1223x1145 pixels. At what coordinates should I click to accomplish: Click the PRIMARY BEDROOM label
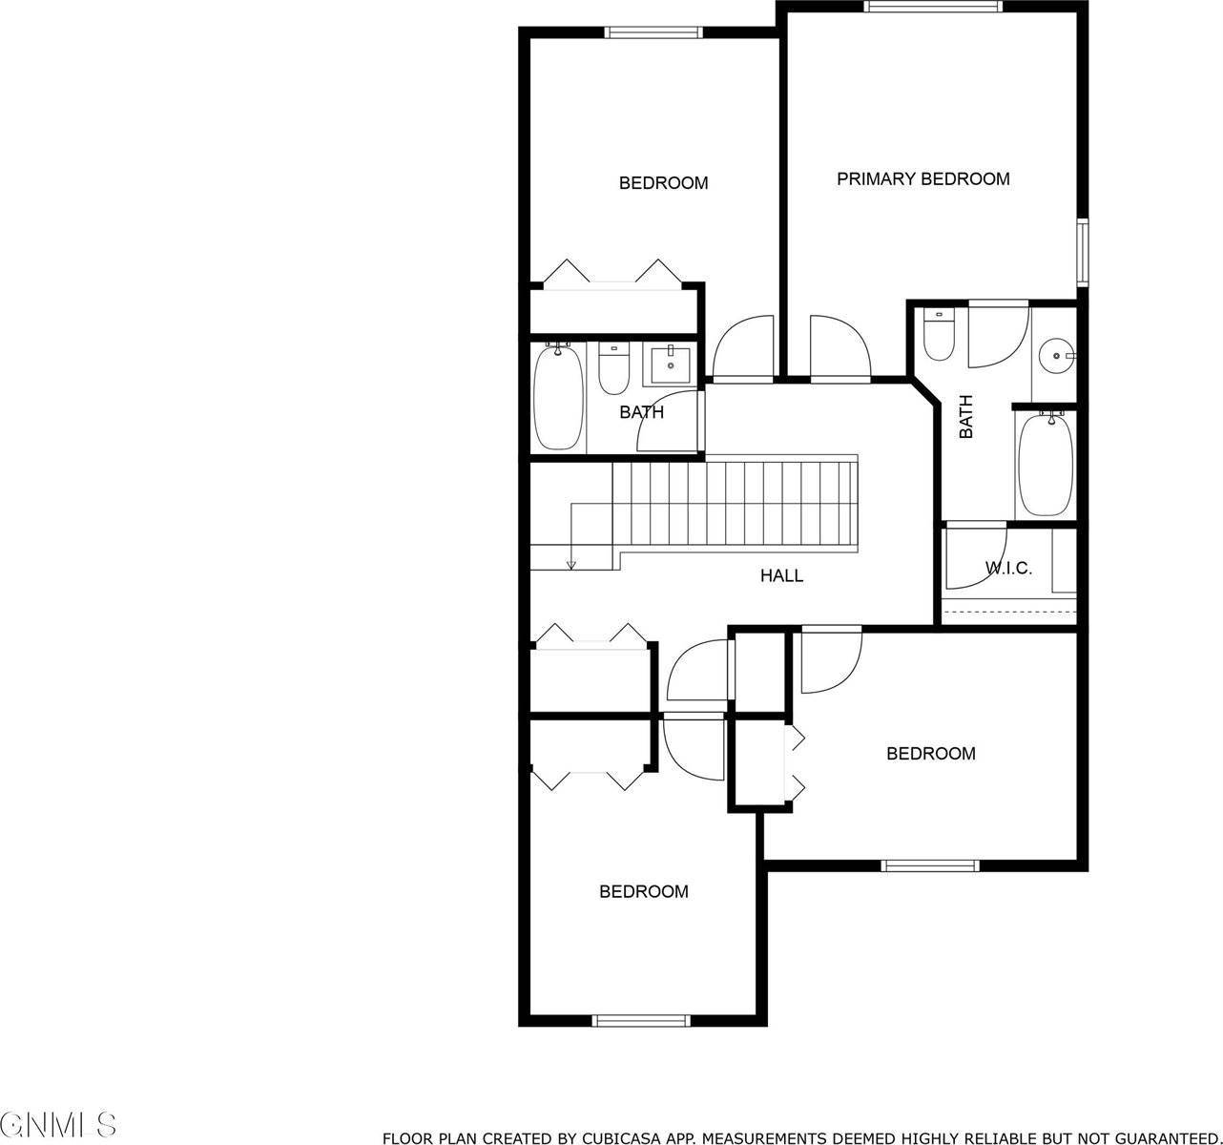point(922,178)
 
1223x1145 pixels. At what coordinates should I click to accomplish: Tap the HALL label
point(781,575)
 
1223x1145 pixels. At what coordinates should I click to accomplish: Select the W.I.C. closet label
point(1008,569)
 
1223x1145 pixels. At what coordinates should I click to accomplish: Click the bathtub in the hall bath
point(557,398)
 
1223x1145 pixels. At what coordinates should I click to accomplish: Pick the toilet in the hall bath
point(612,369)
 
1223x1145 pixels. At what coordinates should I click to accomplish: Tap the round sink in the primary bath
point(1055,356)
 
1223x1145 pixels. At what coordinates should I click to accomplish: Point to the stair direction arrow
point(570,563)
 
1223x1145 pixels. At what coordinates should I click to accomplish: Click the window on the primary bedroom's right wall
point(1083,252)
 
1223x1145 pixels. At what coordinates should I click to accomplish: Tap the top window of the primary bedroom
point(933,7)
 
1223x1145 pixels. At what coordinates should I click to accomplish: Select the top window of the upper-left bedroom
point(654,33)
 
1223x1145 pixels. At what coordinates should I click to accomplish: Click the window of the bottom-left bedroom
point(640,1020)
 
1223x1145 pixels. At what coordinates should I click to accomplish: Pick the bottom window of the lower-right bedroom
point(930,865)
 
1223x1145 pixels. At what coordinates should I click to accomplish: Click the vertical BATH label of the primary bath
point(966,417)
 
